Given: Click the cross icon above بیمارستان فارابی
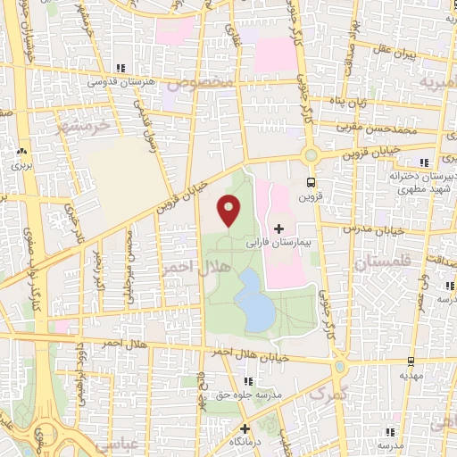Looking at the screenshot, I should point(279,229).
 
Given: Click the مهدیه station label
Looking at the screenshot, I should point(411,376).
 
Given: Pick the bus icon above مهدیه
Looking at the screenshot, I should point(411,361).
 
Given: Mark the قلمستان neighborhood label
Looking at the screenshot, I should point(380,263).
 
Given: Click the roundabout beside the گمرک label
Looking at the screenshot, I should point(339,367).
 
